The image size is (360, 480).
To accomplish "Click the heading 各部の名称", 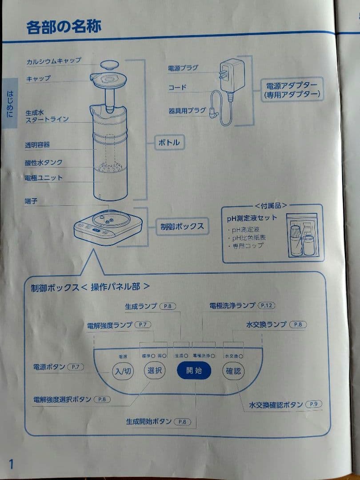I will coord(64,27).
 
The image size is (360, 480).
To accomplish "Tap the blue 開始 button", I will coord(194,370).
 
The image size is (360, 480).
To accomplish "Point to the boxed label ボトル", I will coord(169,143).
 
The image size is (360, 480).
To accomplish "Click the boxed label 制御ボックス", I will coord(182,226).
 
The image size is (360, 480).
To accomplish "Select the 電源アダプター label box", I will coord(292,90).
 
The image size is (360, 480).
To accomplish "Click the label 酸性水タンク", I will coord(44,163).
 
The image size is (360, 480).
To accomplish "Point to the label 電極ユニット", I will coord(44,178).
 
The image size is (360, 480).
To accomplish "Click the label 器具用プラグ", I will coord(187,111).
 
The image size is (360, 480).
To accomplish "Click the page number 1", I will coord(11,464).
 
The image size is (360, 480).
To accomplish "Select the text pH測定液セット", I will coord(252,218).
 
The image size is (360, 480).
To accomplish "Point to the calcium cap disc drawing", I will coord(109,64).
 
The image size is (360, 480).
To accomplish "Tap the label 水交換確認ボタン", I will coord(276,404).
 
